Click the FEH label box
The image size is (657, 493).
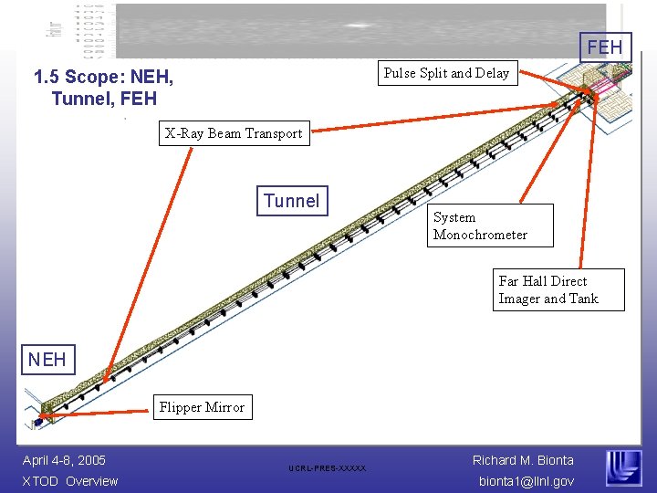point(605,47)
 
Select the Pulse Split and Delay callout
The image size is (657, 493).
point(446,73)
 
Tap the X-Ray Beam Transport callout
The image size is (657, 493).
point(233,133)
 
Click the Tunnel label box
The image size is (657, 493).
point(292,201)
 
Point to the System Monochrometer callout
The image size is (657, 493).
point(493,226)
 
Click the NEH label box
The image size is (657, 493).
point(47,359)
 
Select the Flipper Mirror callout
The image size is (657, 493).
point(202,407)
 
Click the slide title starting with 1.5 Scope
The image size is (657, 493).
point(103,88)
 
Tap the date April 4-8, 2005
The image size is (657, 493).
point(64,460)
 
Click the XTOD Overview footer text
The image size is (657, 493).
point(70,481)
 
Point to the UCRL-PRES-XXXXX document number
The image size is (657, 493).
point(327,468)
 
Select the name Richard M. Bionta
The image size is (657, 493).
point(523,460)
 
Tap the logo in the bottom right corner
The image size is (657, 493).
point(624,468)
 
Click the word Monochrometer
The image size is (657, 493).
point(480,235)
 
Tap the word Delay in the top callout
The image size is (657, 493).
point(492,73)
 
